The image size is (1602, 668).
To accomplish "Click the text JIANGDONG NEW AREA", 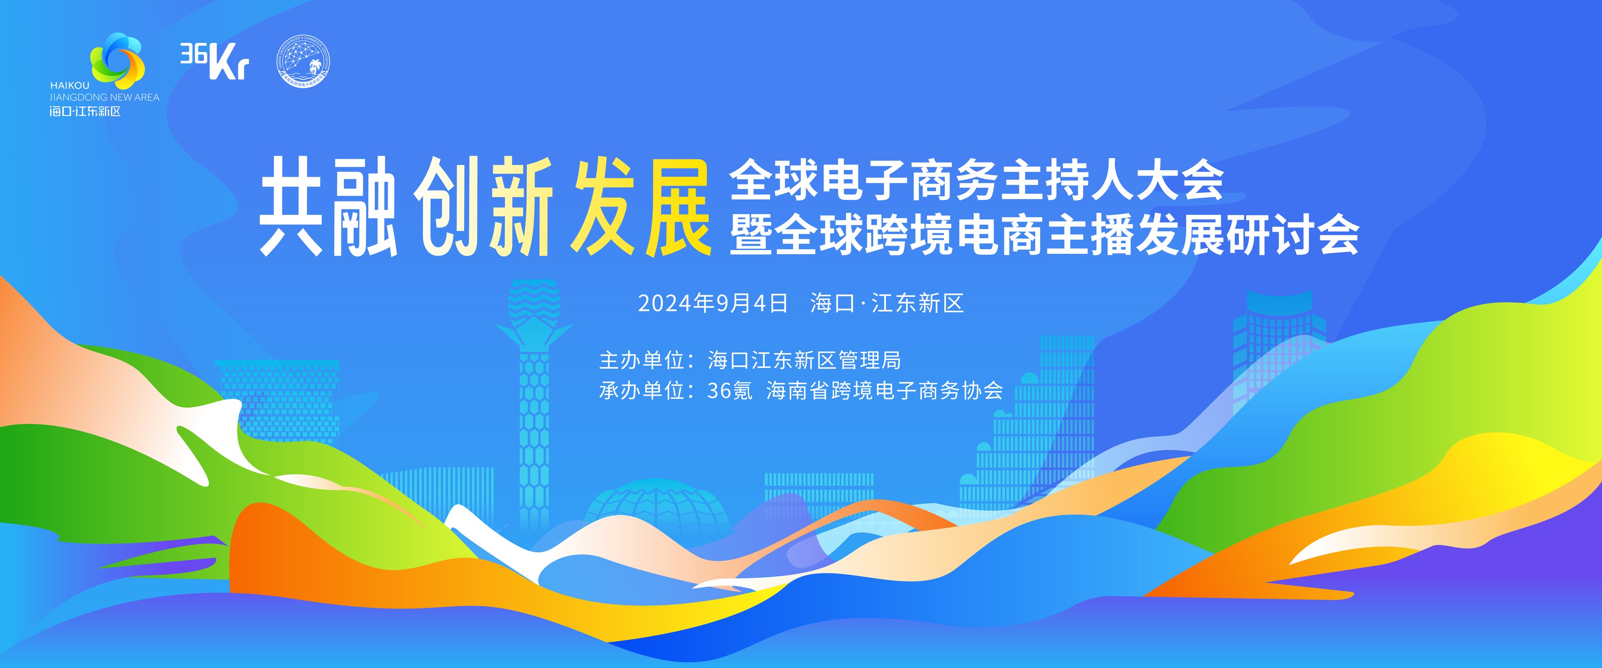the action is tap(104, 97).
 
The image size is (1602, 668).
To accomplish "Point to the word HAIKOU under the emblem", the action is tap(70, 85).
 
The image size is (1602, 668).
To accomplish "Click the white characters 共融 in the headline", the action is tap(328, 207).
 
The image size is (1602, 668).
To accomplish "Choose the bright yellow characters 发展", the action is tap(642, 207).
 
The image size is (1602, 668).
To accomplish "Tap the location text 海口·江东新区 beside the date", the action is tap(887, 303).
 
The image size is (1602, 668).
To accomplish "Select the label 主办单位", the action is tap(641, 360).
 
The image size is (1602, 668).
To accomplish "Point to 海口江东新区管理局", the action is tap(804, 360).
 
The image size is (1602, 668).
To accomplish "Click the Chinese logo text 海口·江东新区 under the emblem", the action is tap(85, 111).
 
